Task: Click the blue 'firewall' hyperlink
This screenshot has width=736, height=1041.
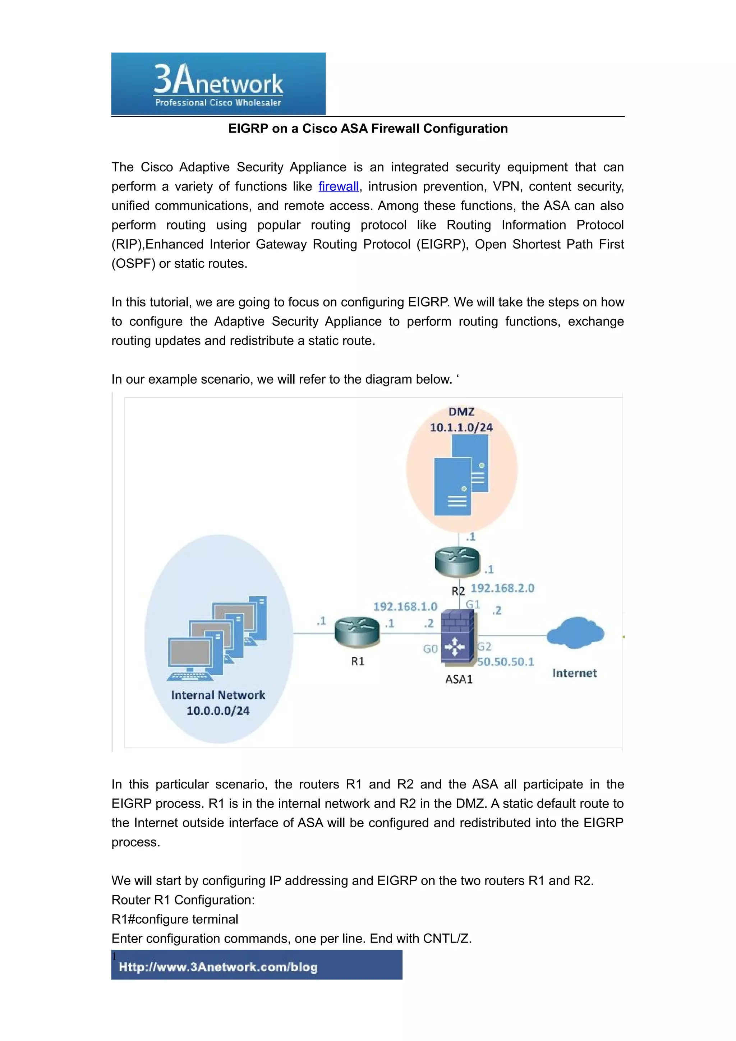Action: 338,186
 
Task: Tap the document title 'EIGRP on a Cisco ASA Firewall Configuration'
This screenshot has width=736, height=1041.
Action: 368,129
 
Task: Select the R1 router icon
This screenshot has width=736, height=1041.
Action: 357,632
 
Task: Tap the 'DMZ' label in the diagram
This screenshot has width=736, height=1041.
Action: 461,412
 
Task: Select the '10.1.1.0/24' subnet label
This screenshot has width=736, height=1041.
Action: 461,427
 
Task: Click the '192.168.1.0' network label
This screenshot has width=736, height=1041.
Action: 405,607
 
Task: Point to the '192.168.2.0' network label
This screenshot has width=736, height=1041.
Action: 502,588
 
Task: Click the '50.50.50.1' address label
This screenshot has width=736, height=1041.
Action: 506,662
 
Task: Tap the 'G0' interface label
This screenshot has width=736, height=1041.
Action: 430,649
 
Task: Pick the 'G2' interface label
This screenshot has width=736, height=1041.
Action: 484,647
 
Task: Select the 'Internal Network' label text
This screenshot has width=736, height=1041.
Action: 218,695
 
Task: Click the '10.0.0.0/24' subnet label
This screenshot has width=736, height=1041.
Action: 218,711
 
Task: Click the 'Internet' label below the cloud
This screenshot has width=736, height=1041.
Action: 575,673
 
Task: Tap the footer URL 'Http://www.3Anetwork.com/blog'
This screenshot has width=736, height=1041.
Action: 218,967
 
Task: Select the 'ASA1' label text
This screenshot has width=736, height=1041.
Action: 459,679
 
